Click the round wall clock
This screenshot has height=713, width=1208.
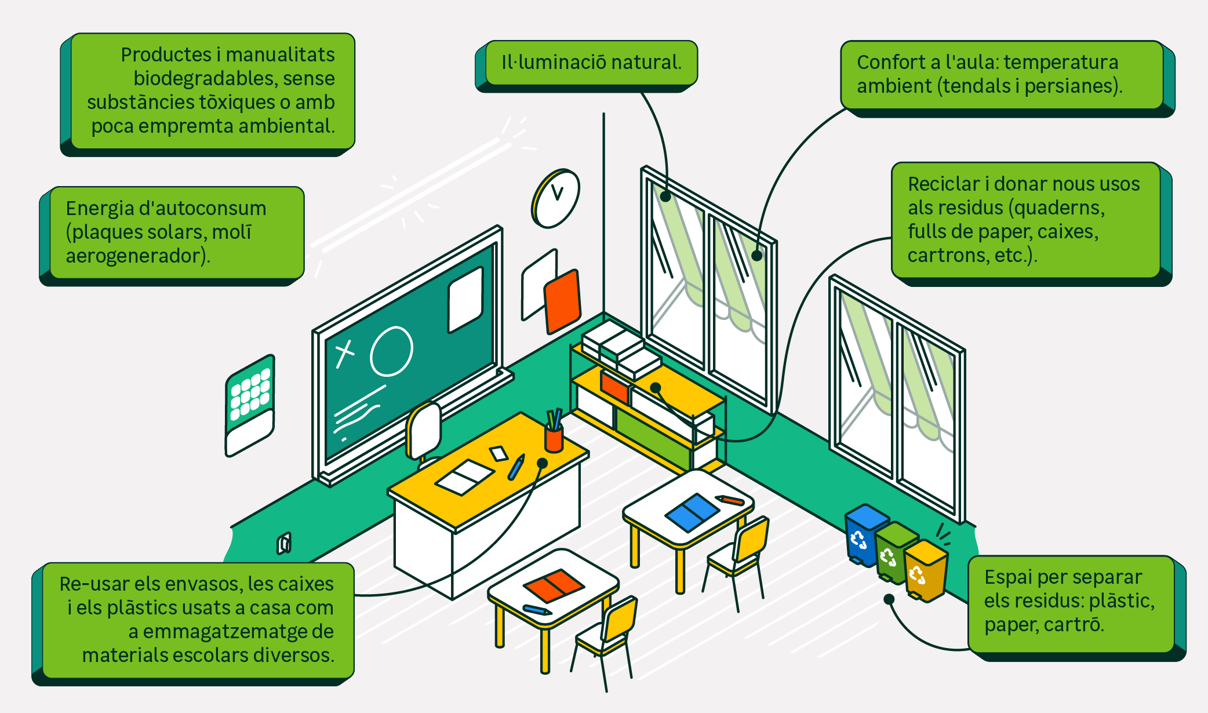556,199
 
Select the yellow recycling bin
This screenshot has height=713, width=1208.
925,571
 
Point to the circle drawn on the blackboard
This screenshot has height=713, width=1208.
391,351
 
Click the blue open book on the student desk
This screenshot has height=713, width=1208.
692,512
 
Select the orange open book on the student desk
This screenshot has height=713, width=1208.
553,585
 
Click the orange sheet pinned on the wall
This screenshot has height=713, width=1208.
562,301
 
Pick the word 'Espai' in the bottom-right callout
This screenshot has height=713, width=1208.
1008,577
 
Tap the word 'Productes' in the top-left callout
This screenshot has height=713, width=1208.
166,54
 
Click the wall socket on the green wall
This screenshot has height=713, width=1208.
284,543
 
